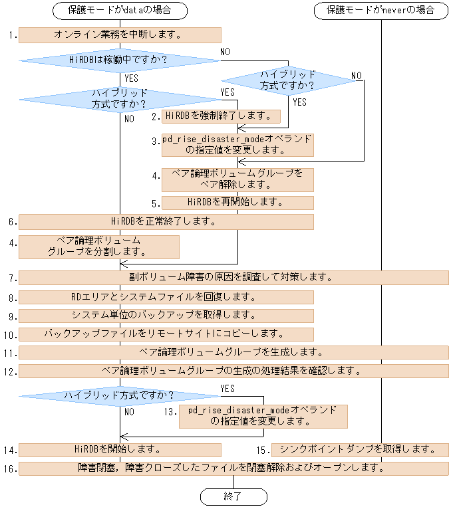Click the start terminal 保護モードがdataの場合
pos(120,11)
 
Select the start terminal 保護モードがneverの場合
pos(381,11)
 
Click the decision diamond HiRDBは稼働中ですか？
pos(120,60)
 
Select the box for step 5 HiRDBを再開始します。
pos(237,202)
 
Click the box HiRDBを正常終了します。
pos(166,221)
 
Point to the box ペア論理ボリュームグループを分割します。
pos(98,247)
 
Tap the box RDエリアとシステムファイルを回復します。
pos(166,296)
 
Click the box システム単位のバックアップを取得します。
pos(166,315)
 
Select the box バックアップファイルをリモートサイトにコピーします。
pos(166,334)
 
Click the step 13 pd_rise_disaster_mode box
pos(263,416)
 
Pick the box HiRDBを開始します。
pos(120,450)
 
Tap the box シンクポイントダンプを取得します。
pos(360,450)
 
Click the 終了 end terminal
pos(233,496)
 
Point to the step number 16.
pos(9,469)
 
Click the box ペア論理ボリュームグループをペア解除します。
pos(237,179)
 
